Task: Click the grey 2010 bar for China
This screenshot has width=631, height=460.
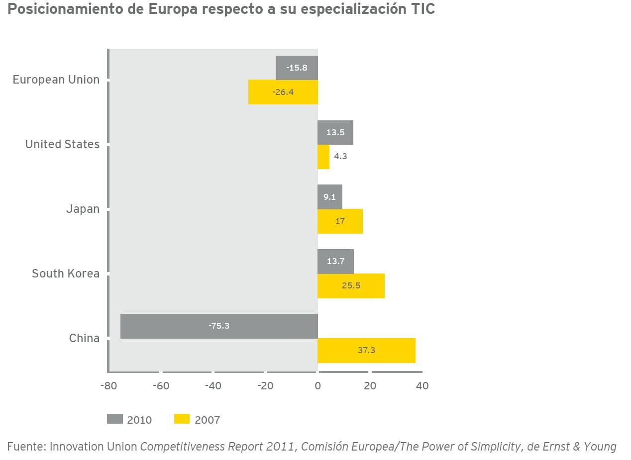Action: click(x=219, y=326)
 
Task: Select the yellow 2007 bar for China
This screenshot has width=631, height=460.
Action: click(x=366, y=351)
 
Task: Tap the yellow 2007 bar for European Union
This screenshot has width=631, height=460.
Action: click(x=283, y=92)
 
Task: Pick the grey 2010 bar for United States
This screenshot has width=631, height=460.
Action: click(x=335, y=133)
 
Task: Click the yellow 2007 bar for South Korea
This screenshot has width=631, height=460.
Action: click(x=351, y=286)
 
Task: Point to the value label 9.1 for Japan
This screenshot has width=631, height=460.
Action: click(x=329, y=197)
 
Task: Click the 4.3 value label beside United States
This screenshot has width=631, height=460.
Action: click(x=340, y=156)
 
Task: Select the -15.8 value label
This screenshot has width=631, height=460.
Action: click(x=297, y=68)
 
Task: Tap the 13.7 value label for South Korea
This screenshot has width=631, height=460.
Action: click(x=335, y=261)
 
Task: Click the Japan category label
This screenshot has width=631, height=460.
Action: click(x=83, y=209)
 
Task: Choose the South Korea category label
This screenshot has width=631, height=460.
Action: click(x=66, y=274)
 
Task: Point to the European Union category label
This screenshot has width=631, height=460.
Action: click(x=56, y=80)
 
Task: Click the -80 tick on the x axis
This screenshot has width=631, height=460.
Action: click(x=108, y=386)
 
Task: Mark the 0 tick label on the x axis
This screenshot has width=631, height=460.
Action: click(x=317, y=386)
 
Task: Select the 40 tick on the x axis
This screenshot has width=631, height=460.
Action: click(x=421, y=386)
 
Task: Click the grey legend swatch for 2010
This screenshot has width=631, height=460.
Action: click(x=114, y=419)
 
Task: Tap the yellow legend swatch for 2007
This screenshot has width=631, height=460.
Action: click(x=182, y=419)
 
